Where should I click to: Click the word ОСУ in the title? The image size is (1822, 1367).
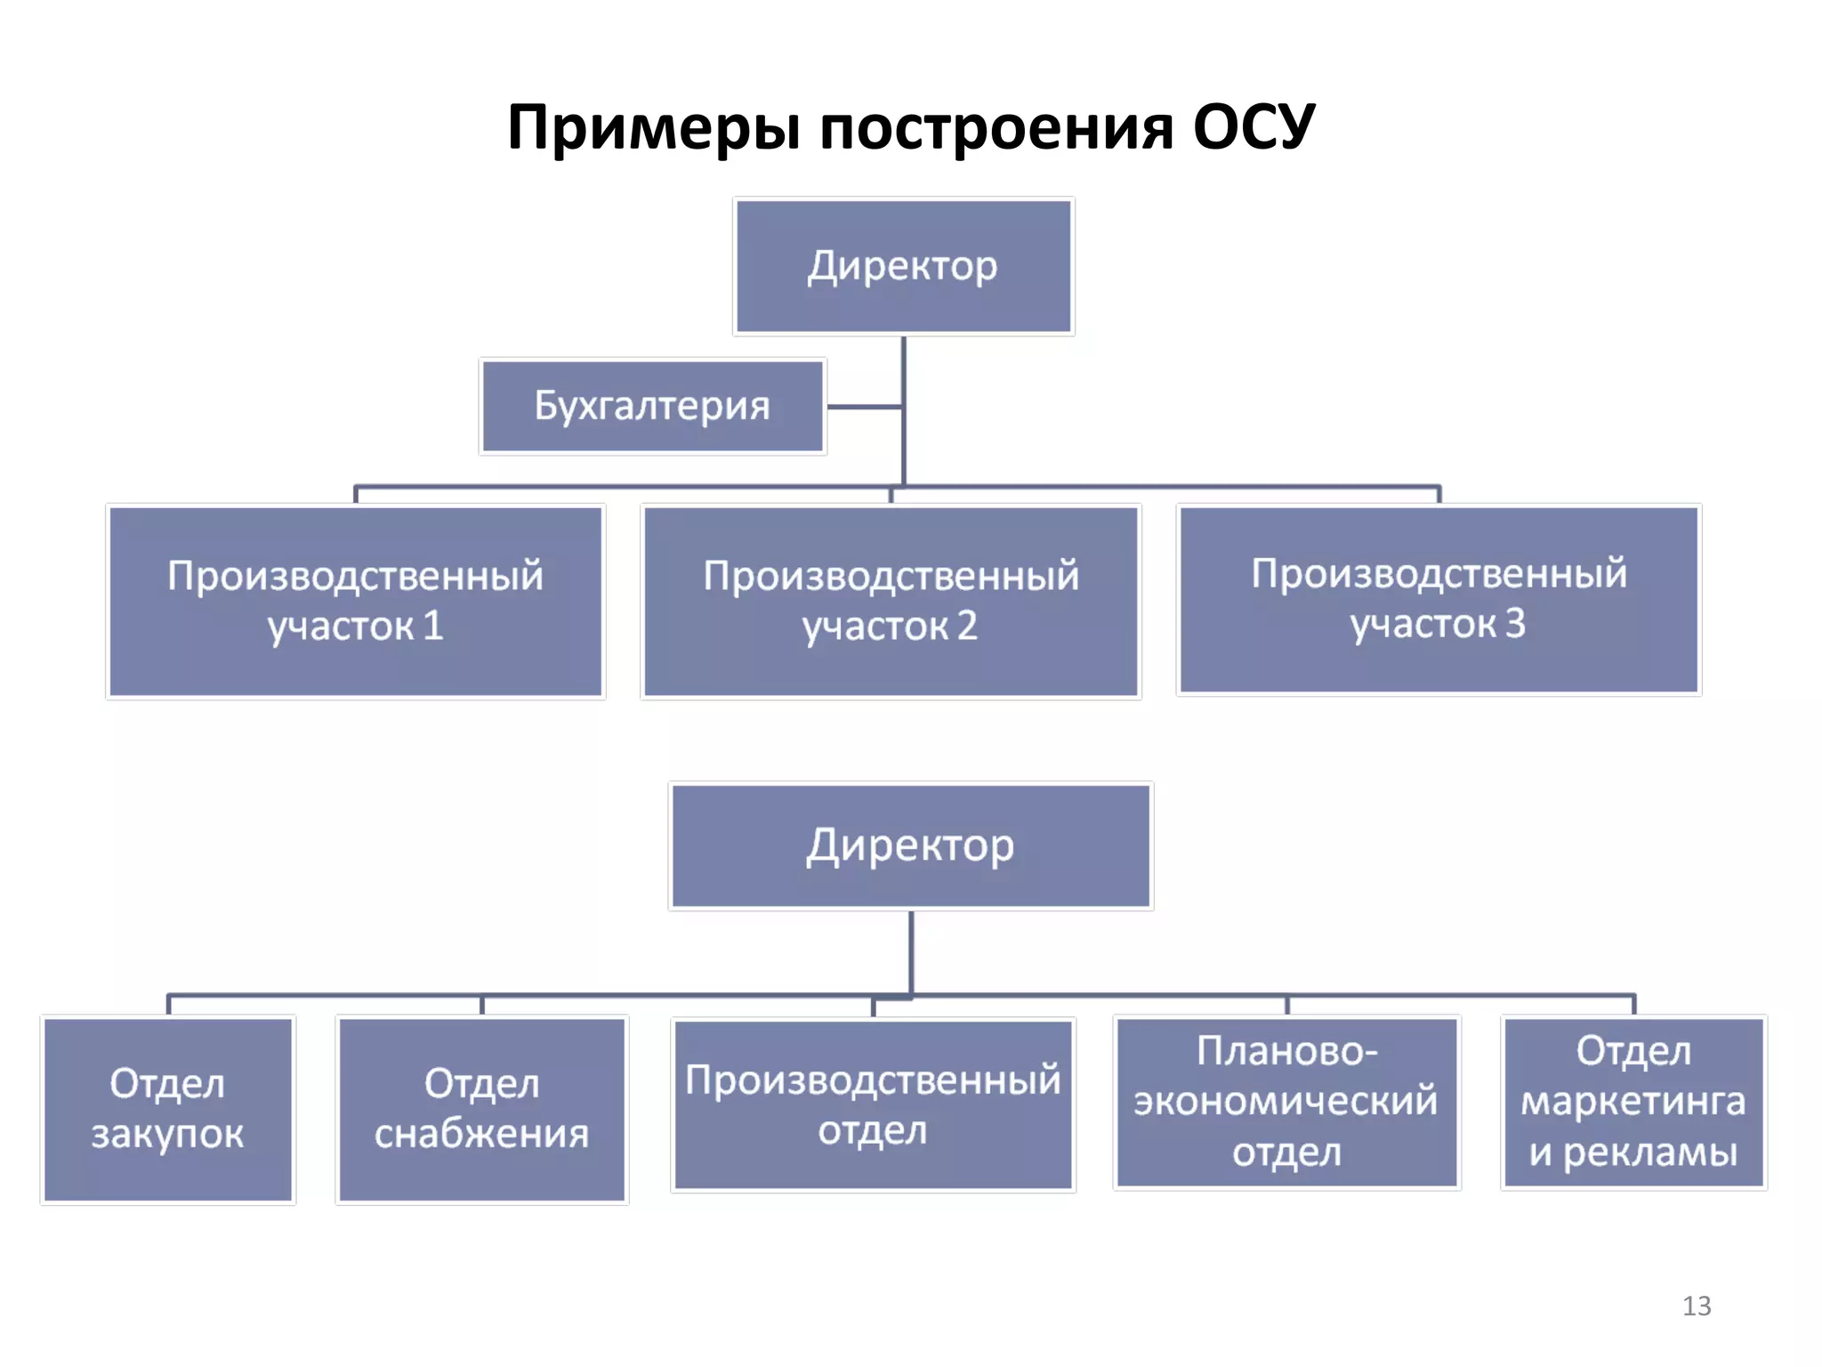[1253, 127]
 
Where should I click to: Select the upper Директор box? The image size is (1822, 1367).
[903, 266]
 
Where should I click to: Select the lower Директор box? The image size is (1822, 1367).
[910, 845]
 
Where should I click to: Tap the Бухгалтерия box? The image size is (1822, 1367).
[652, 407]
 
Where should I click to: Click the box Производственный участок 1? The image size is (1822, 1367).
[356, 601]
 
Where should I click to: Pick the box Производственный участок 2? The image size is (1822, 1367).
[891, 601]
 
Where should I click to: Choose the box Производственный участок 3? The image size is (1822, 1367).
[1439, 599]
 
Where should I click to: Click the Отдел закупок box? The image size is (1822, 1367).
[167, 1109]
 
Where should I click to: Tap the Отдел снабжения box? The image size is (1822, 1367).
[481, 1109]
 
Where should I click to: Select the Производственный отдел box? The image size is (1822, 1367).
[873, 1104]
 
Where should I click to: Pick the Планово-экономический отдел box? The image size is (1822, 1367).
[1286, 1102]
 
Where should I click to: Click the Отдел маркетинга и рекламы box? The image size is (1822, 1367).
[1633, 1102]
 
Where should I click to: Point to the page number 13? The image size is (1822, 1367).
[1697, 1306]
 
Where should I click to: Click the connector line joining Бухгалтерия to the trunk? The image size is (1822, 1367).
[864, 407]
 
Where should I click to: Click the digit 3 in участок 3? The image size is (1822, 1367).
[1515, 624]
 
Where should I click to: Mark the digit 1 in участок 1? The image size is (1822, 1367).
[433, 626]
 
